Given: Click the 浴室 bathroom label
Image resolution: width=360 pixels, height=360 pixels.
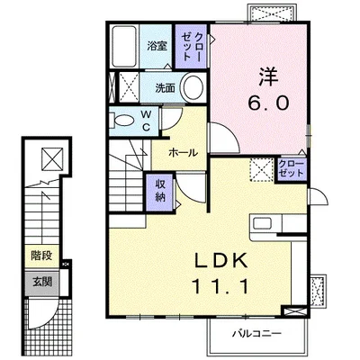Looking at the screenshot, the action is coord(157,46).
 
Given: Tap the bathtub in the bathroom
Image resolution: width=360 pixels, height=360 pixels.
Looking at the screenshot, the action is coord(124,47).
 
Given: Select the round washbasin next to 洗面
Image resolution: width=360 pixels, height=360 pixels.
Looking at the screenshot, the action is coord(193,87).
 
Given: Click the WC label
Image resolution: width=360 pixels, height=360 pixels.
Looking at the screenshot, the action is coord(146,121).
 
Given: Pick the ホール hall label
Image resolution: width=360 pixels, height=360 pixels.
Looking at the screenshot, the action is coord(184,153).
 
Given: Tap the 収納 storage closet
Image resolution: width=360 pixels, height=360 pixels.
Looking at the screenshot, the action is coord(160,192).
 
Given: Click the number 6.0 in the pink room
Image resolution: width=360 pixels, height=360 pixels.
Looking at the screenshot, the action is coord(268,103).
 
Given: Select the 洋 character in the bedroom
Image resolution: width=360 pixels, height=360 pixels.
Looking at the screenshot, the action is coord(269,76).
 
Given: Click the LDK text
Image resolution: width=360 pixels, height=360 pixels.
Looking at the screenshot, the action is coord(221,259).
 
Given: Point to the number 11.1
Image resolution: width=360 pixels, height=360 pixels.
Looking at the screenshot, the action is coord(221,285).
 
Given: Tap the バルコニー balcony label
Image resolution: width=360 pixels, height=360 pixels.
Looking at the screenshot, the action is coord(257,333).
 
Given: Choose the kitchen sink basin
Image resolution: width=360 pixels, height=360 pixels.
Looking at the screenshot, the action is coord(263,223).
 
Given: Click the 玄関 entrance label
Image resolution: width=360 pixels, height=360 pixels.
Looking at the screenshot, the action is coord(42,282).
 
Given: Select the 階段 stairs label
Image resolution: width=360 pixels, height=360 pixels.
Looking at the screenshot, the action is coord(41,256).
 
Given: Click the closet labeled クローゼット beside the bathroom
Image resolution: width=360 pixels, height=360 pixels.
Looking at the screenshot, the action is coord(191,47).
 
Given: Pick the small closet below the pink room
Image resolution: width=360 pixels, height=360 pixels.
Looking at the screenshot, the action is coord(292,169).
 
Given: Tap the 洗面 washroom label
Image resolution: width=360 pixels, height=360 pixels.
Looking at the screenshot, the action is coord(165,87).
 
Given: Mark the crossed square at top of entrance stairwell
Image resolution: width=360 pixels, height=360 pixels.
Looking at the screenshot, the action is coord(52,158).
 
